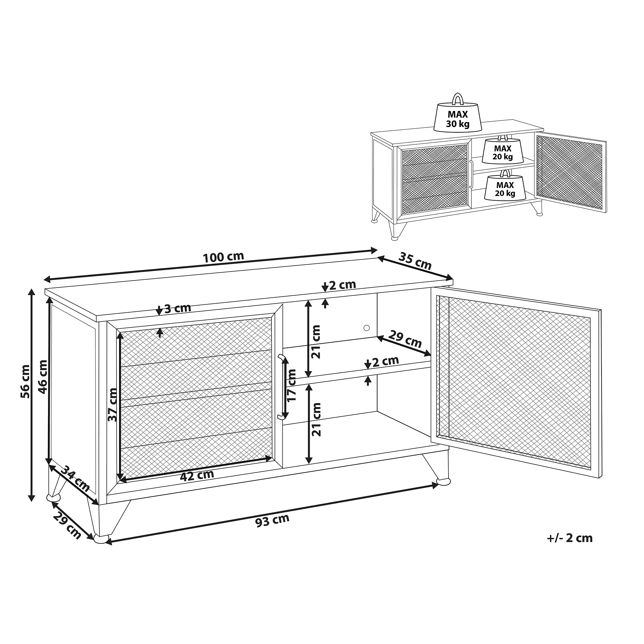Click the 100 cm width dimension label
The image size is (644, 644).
[223, 257]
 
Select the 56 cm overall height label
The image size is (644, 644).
[25, 381]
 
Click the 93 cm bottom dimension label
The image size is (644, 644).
[272, 520]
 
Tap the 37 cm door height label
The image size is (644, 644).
[113, 405]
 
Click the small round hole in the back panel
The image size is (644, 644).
[367, 328]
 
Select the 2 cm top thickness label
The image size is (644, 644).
[342, 285]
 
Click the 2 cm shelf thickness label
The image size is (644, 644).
[385, 361]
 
